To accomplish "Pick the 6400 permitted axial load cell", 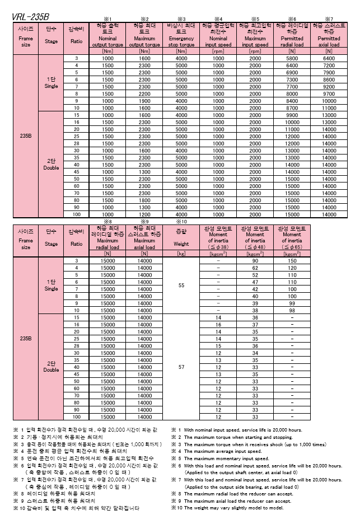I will point(329,58).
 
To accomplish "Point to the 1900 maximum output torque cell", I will point(144,101).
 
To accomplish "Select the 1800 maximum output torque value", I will point(144,200).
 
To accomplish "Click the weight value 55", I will point(181,285).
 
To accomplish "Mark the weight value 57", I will point(181,367).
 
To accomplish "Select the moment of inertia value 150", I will point(292,261).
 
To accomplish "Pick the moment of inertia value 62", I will point(255,268).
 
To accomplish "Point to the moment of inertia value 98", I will point(292,310).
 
